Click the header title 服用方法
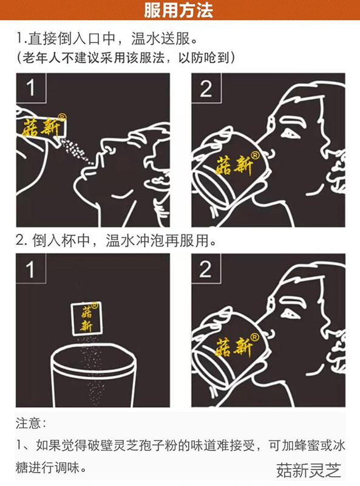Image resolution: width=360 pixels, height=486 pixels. tap(180, 10)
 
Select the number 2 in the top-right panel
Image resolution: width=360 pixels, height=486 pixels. tap(206, 89)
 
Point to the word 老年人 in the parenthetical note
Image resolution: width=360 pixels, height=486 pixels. tap(39, 58)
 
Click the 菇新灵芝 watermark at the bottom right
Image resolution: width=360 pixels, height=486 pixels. tap(308, 471)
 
